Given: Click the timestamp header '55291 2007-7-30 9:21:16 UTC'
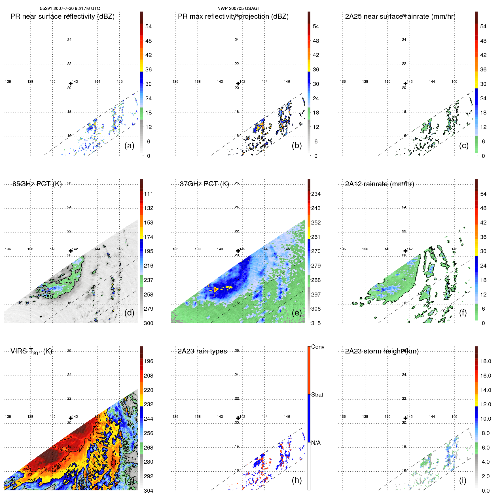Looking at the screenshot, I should [70, 9].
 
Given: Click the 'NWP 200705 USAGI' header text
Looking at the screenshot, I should [238, 9].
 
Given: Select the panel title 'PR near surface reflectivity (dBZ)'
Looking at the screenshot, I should [62, 16].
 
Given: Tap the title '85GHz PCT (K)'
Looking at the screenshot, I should [37, 184].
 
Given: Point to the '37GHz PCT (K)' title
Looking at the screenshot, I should [204, 184].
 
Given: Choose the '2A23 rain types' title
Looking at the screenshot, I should [202, 351].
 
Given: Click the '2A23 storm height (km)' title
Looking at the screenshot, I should [382, 351].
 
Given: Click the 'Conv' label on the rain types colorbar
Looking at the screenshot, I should [317, 347].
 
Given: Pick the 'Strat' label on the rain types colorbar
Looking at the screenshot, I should [317, 395].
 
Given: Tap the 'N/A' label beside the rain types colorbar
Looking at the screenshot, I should [316, 443].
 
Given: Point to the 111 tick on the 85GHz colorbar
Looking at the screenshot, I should [148, 194].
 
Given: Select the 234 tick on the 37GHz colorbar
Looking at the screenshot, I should [316, 194].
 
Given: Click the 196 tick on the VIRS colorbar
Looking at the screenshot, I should [148, 361].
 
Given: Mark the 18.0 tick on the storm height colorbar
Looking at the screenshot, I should [485, 361].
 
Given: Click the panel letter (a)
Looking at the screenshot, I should [129, 145].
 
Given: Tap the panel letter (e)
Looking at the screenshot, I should [296, 313].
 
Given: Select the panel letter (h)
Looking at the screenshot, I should [296, 480].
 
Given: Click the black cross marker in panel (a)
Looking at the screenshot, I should [71, 83].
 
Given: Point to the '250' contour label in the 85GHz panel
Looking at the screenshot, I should [48, 297].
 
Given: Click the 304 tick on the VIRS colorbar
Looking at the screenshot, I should [148, 491].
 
